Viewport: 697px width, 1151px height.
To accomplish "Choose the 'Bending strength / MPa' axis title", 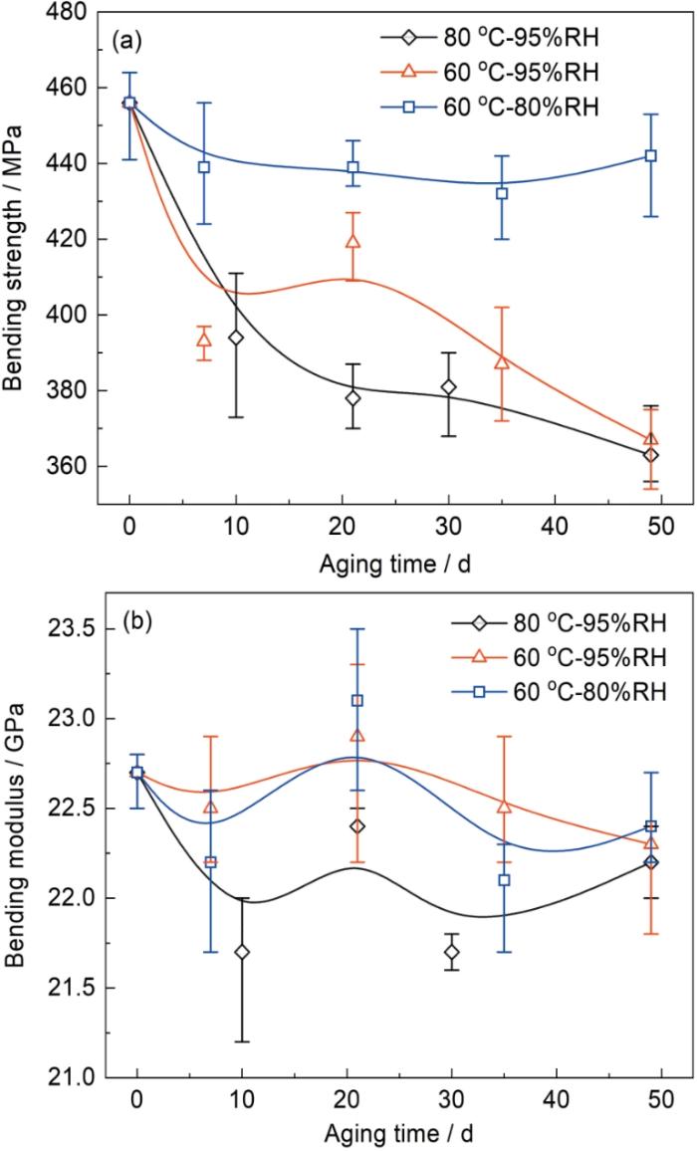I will click(18, 239).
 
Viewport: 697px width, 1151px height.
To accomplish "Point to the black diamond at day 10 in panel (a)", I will click(236, 338).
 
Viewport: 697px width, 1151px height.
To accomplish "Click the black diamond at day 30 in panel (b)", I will click(451, 952).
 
